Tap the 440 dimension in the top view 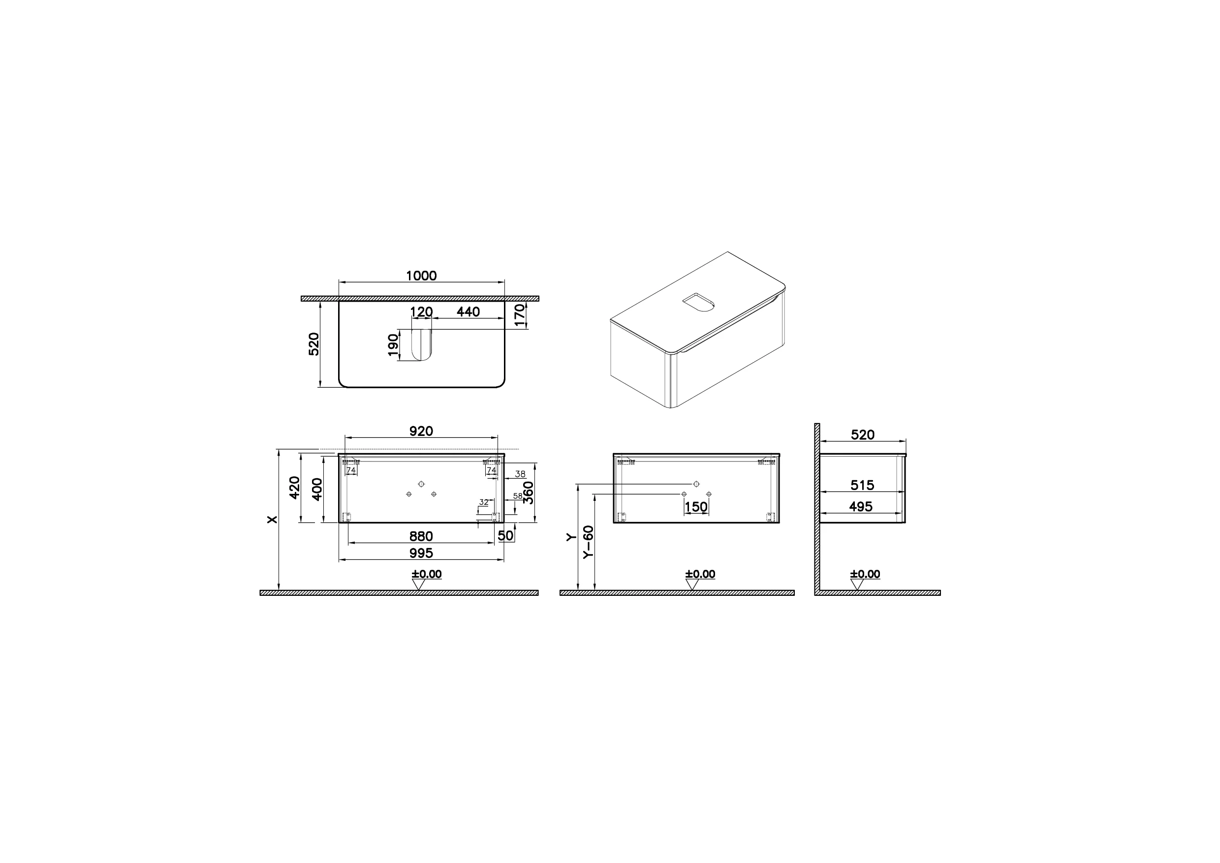[468, 311]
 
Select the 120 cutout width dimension [422, 311]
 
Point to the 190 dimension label [393, 345]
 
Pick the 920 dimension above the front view [421, 431]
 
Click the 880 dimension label [421, 536]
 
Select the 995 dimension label [421, 553]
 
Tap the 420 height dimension [294, 487]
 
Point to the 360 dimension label [529, 493]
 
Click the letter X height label [273, 519]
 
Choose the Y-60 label [588, 542]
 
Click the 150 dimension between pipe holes [696, 507]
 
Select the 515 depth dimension [862, 485]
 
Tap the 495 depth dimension [861, 506]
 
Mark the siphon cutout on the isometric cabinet [698, 303]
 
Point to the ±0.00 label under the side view [865, 574]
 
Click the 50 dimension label [505, 535]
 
